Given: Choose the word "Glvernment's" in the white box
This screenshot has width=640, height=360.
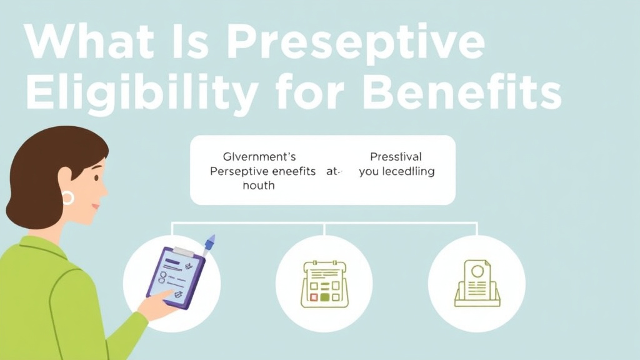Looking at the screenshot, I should click(x=259, y=156).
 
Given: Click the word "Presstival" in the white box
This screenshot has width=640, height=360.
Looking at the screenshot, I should click(x=396, y=156).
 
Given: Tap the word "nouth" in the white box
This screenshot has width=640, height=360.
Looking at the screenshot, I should click(x=259, y=185).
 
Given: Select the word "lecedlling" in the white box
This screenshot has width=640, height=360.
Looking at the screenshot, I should click(x=409, y=171).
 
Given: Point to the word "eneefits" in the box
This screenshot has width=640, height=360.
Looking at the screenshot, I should click(x=294, y=171).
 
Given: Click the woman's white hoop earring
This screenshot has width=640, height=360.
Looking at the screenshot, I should click(x=67, y=198).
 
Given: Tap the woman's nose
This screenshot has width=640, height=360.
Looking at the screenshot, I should click(x=104, y=191).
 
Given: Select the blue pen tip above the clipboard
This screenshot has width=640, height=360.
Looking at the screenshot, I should click(x=211, y=240).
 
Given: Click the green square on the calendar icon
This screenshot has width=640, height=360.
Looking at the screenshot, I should click(x=324, y=297).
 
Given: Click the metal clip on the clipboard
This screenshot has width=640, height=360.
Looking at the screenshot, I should click(x=182, y=251).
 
